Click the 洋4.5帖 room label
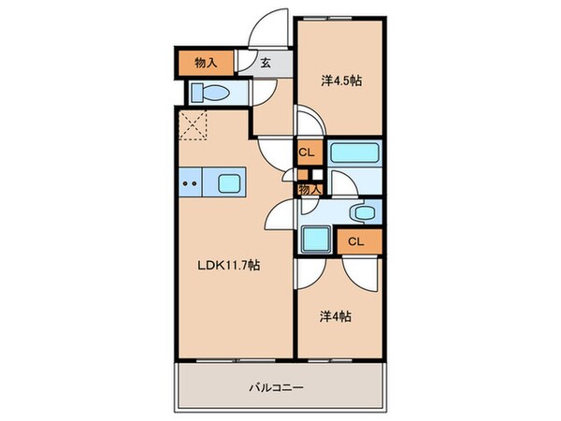point(341,81)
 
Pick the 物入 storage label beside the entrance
point(207,64)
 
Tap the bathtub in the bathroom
point(354,153)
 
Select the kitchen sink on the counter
point(230,182)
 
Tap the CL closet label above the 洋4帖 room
point(356,242)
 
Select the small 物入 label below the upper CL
point(309,190)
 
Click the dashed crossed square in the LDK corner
point(194,123)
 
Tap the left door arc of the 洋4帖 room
point(309,271)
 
